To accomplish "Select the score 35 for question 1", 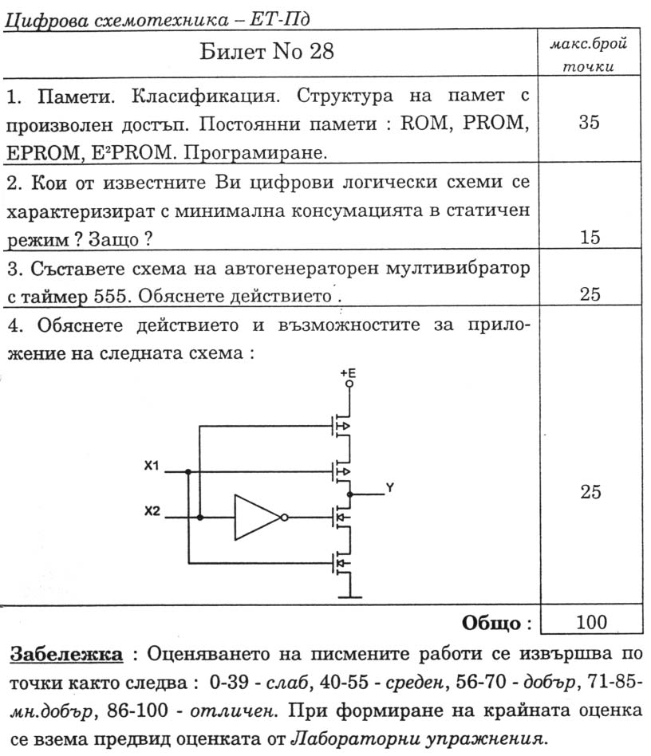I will coord(590,124).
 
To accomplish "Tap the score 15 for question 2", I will coord(590,237).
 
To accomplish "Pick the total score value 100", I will coord(590,622).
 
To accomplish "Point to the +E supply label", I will coord(348,373).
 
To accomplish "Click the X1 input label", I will coord(152,466).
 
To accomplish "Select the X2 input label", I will coord(152,511).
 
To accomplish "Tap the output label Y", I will coord(389,488).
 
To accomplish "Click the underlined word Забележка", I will coord(66,656).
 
